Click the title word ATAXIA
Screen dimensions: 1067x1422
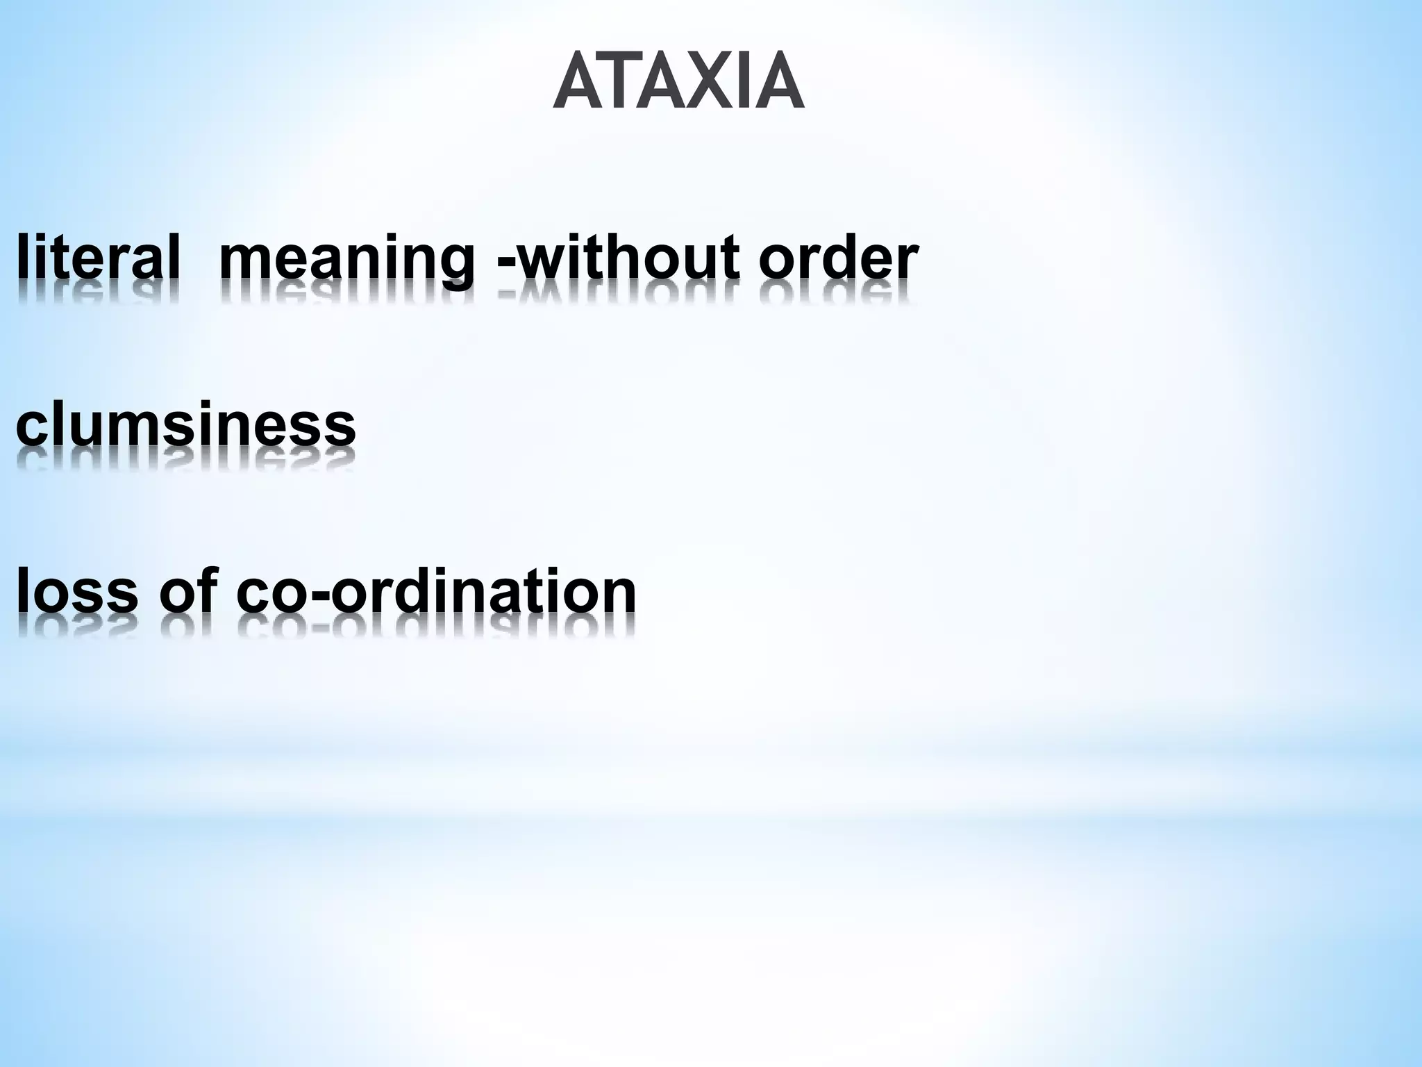click(679, 81)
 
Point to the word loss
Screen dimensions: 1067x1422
click(77, 590)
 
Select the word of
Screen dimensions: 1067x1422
click(185, 590)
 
